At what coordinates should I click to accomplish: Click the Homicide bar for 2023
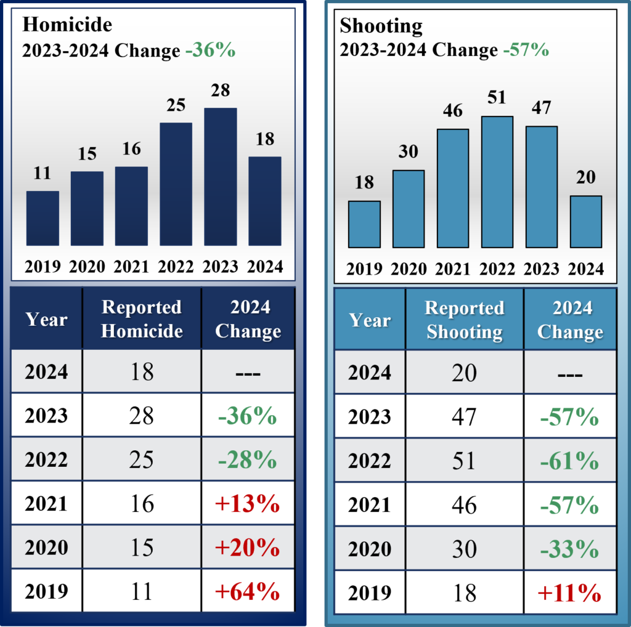tap(220, 177)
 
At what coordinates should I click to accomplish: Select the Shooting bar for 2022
tap(497, 182)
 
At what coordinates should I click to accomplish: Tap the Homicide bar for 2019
tap(43, 219)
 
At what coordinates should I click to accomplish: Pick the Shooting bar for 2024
tap(585, 222)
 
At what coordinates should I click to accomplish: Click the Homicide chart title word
tap(67, 25)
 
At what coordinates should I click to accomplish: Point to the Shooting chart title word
tap(381, 26)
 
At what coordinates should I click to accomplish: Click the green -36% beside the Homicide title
tap(211, 50)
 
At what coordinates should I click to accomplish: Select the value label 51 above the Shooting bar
tap(497, 98)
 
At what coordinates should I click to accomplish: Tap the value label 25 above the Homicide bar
tap(176, 105)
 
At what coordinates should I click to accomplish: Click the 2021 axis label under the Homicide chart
tap(131, 267)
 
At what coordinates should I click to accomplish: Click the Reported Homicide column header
tap(142, 319)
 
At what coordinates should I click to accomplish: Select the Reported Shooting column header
tap(465, 320)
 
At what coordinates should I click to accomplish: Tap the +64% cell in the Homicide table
tap(248, 592)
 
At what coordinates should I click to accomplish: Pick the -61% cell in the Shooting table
tap(570, 461)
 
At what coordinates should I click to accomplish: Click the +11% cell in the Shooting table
tap(570, 593)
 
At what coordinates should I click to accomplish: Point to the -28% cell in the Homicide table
tap(248, 459)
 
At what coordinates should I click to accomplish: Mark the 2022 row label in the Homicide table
tap(46, 459)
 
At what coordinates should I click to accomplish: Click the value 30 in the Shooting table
tap(465, 549)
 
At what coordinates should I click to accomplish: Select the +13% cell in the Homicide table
tap(248, 504)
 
